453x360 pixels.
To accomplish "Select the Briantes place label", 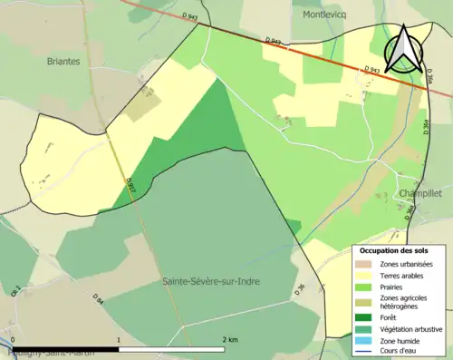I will [x=63, y=62].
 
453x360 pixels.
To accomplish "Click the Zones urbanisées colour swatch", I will [x=364, y=264].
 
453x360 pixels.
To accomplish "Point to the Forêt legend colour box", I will [x=364, y=316].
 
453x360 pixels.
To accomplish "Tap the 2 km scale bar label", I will [x=229, y=339].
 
